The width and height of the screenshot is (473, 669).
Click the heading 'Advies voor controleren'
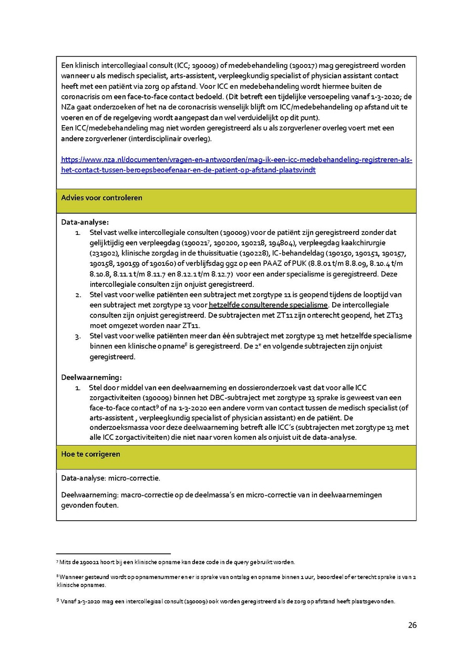click(x=101, y=198)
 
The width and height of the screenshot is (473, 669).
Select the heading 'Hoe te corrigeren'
click(x=90, y=454)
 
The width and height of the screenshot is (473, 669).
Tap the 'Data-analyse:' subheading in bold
click(x=85, y=222)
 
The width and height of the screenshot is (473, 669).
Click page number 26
click(x=412, y=625)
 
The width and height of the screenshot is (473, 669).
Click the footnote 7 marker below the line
click(x=57, y=562)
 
